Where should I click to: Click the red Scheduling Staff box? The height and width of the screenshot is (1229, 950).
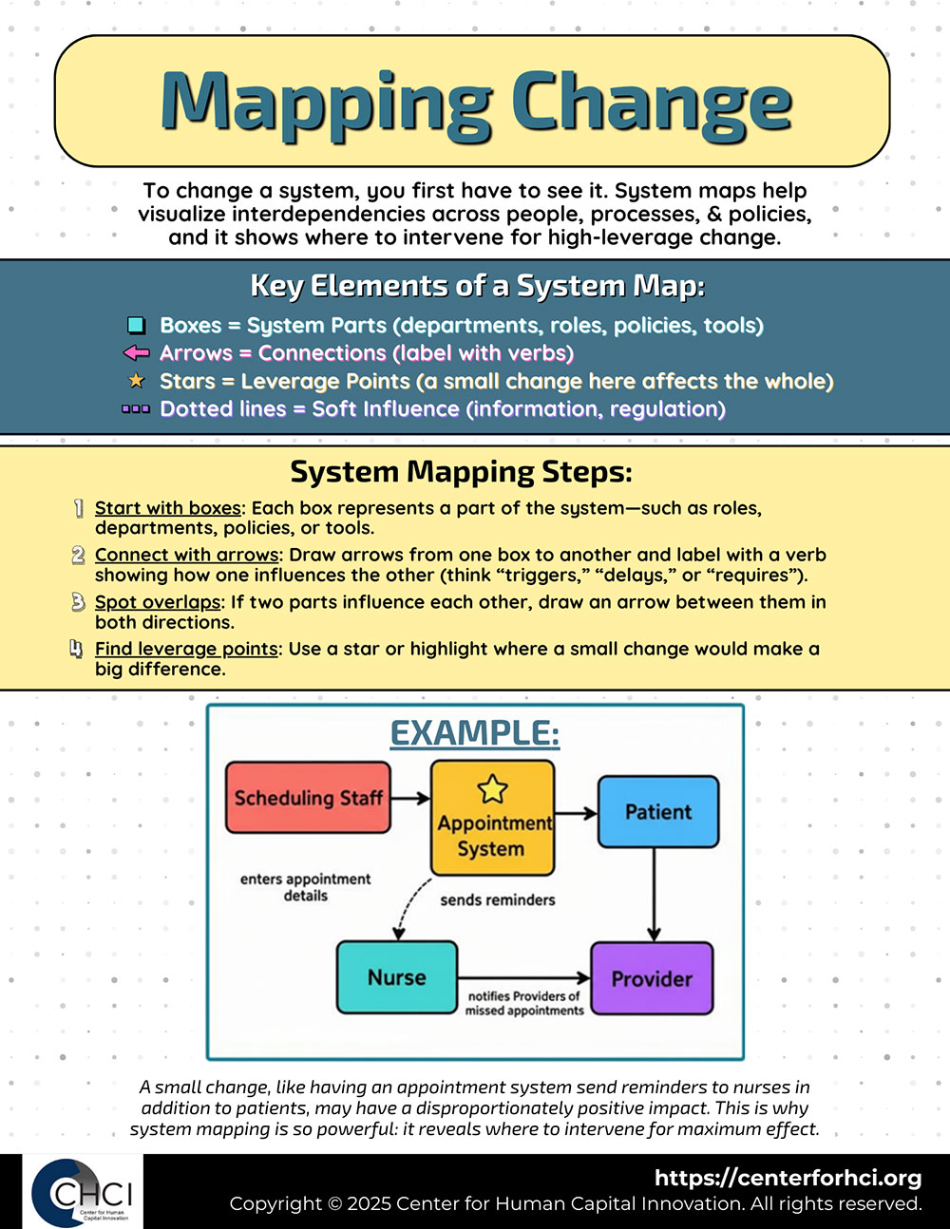[x=308, y=798]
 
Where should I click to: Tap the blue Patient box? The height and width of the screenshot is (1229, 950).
[x=657, y=812]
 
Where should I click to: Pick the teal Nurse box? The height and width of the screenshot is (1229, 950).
[x=397, y=977]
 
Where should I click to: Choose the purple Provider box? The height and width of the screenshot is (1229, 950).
[x=652, y=978]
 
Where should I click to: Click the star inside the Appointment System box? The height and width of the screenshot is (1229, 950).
[x=492, y=788]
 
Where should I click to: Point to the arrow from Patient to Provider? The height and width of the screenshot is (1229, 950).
[x=654, y=893]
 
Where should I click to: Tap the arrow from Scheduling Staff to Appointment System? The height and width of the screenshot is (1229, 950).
[x=410, y=798]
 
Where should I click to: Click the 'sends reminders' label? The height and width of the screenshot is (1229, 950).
[x=497, y=899]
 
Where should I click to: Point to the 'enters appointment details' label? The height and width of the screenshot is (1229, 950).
[x=305, y=887]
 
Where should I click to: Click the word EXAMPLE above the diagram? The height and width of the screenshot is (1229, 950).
[x=475, y=733]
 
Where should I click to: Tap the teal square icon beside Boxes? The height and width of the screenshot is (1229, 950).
[x=136, y=326]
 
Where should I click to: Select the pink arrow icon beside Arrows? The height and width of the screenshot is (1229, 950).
[x=137, y=353]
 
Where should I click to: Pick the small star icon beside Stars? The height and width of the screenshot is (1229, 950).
[x=137, y=381]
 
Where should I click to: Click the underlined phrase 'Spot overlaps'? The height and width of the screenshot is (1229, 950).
[x=157, y=602]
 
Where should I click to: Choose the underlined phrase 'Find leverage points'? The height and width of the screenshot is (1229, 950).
[x=186, y=649]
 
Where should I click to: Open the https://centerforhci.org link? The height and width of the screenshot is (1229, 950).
[x=788, y=1178]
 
